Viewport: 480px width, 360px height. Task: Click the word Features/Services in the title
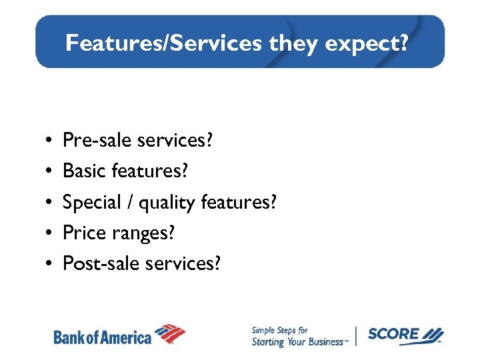[164, 43]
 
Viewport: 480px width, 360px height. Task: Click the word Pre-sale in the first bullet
[97, 140]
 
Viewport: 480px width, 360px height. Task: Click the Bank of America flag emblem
[170, 333]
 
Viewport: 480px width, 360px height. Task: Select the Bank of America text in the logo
[102, 337]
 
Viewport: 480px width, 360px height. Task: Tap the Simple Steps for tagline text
[279, 330]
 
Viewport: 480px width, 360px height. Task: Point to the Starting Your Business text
[297, 342]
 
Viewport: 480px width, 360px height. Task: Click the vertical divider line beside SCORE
[357, 336]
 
